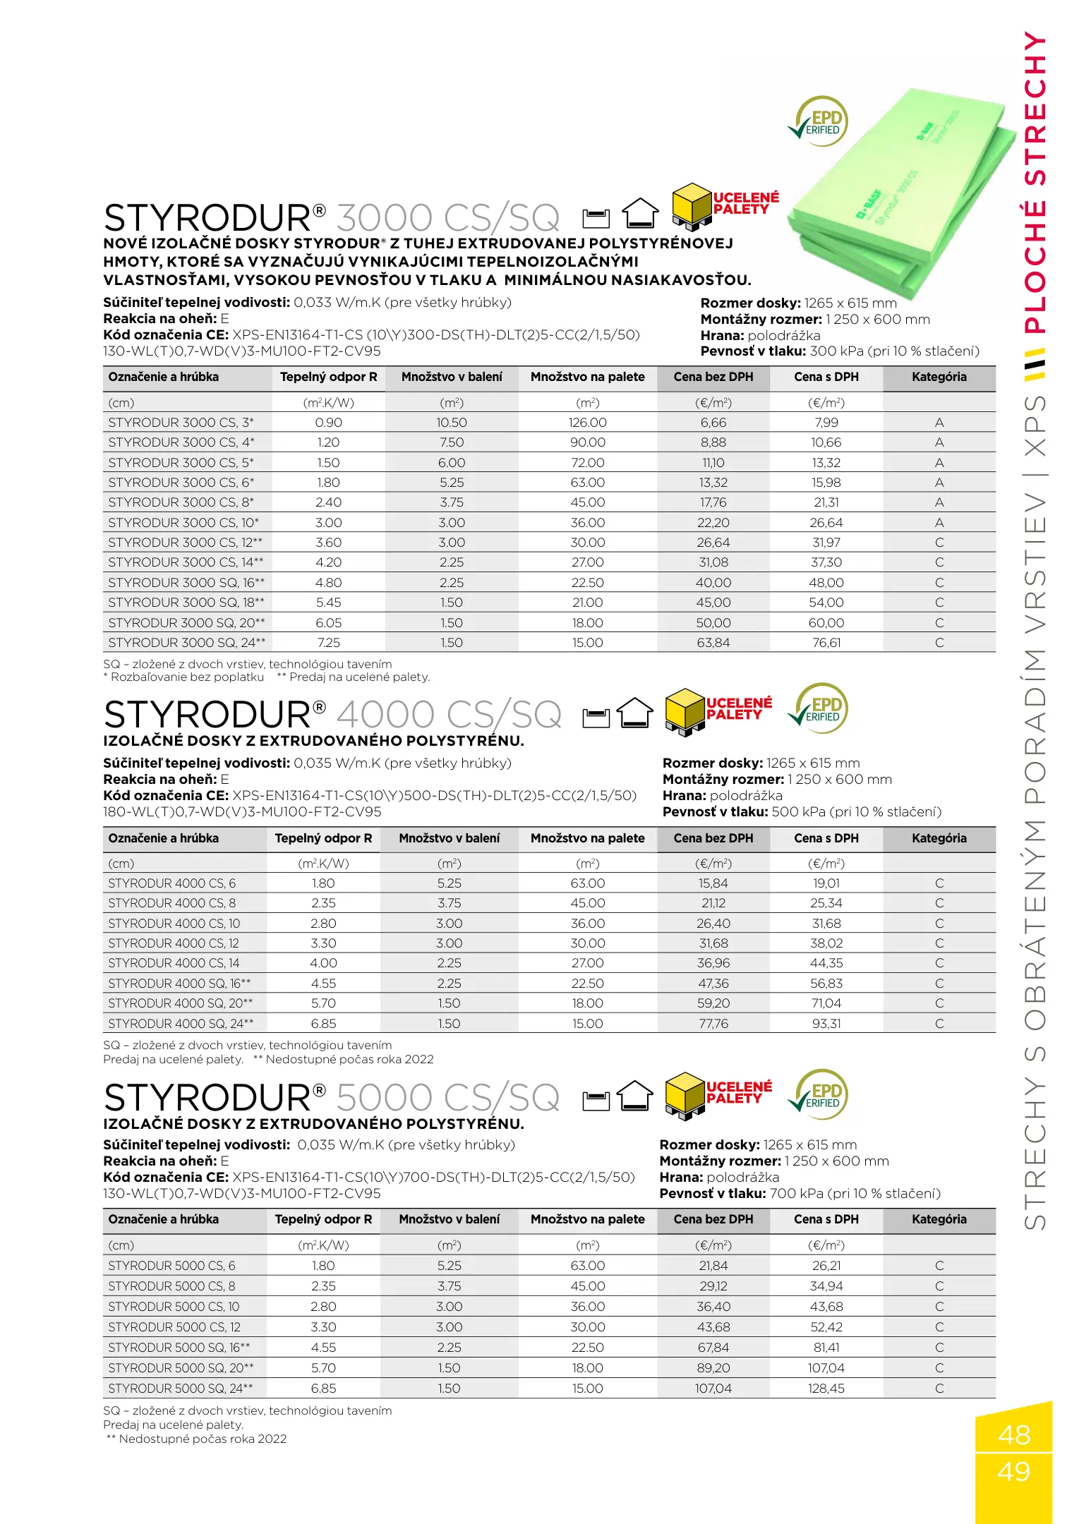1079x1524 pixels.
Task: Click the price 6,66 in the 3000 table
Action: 713,423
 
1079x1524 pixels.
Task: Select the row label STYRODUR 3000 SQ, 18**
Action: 186,603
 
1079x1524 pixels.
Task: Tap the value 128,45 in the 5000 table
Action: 826,1389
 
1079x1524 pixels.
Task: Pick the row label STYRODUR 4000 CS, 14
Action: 174,963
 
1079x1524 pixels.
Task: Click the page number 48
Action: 1014,1435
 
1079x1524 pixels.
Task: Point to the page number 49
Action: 1014,1472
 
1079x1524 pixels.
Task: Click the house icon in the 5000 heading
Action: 635,1096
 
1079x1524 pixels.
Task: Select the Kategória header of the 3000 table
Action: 939,377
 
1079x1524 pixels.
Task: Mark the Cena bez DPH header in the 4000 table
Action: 713,838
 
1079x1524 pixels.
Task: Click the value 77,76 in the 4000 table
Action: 713,1024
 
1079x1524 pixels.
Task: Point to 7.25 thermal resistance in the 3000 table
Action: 328,643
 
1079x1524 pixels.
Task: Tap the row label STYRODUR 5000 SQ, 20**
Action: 181,1368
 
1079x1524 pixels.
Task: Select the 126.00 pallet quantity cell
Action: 587,423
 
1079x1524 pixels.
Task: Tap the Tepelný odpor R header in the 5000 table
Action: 323,1219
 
